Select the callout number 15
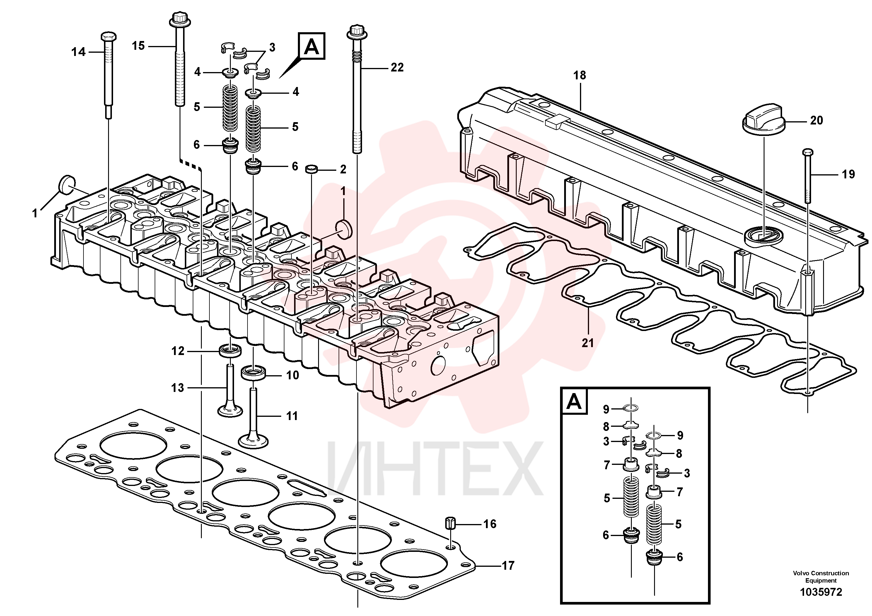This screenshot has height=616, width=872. (138, 46)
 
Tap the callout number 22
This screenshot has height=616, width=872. (397, 68)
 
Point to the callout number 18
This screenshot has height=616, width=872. (580, 76)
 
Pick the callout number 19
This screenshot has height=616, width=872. (848, 174)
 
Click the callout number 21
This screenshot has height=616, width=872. (588, 343)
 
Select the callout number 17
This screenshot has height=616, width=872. (508, 566)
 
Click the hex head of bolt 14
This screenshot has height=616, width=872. (109, 37)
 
